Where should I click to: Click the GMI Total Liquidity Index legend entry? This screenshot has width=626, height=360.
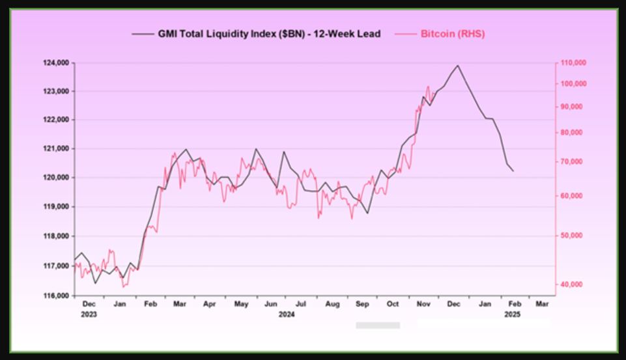click(267, 34)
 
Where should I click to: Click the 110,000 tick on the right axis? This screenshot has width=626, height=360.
click(574, 62)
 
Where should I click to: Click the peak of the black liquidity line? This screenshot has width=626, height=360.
click(457, 65)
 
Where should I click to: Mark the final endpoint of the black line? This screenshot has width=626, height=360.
click(513, 171)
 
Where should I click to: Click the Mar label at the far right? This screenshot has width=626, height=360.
click(542, 303)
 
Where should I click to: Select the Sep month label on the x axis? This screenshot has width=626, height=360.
click(363, 303)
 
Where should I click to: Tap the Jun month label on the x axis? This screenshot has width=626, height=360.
click(272, 303)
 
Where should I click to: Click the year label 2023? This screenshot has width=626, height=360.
click(89, 314)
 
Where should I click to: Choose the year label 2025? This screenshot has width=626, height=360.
click(512, 314)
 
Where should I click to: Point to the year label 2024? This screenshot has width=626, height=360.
click(287, 314)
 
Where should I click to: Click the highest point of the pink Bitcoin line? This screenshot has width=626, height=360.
click(428, 86)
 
